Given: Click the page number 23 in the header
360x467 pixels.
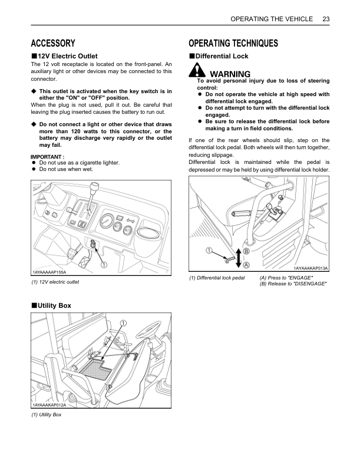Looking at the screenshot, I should click(326, 19).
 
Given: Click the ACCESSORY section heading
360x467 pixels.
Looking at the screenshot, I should click(53, 43).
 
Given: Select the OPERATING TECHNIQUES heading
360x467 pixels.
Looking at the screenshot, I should click(233, 43).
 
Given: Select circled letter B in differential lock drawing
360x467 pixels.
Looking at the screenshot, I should click(246, 251).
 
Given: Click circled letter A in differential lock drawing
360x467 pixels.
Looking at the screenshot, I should click(246, 265).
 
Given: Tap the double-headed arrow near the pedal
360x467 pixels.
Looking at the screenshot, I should click(238, 258).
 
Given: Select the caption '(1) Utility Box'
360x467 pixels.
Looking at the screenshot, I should click(47, 415).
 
